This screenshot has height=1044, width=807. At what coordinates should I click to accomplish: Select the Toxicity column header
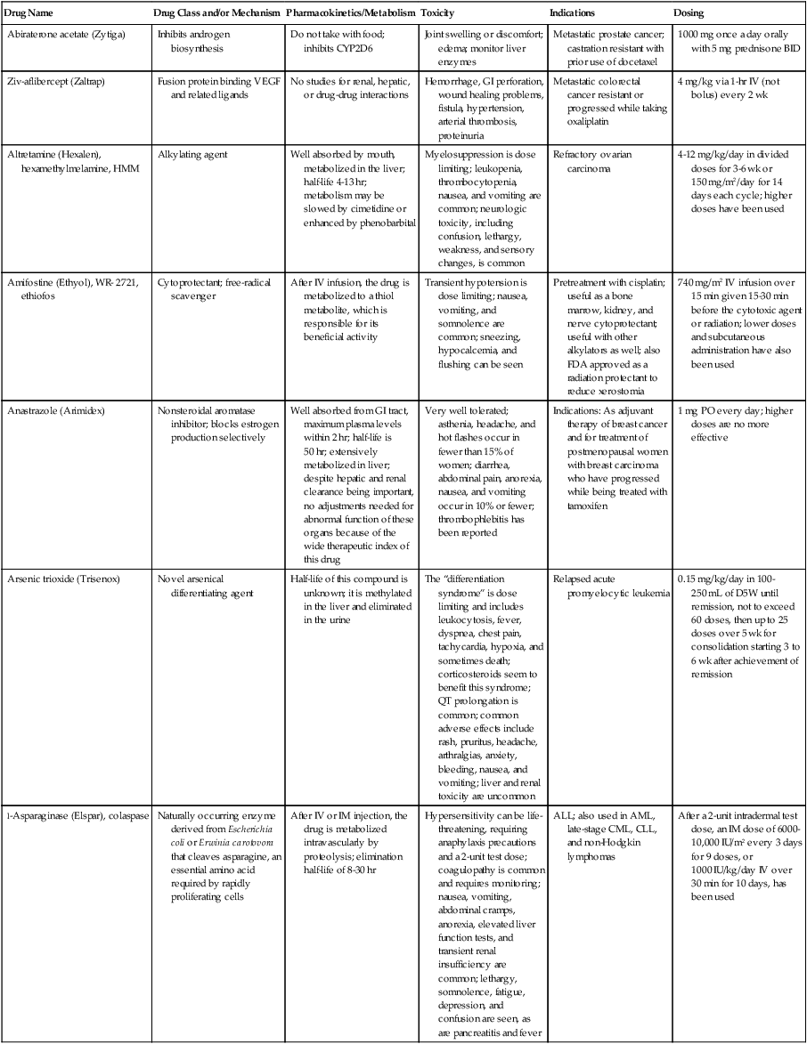437,14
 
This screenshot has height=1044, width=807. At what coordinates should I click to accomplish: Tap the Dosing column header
691,14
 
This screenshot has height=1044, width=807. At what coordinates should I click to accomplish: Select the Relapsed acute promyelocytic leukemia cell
609,586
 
